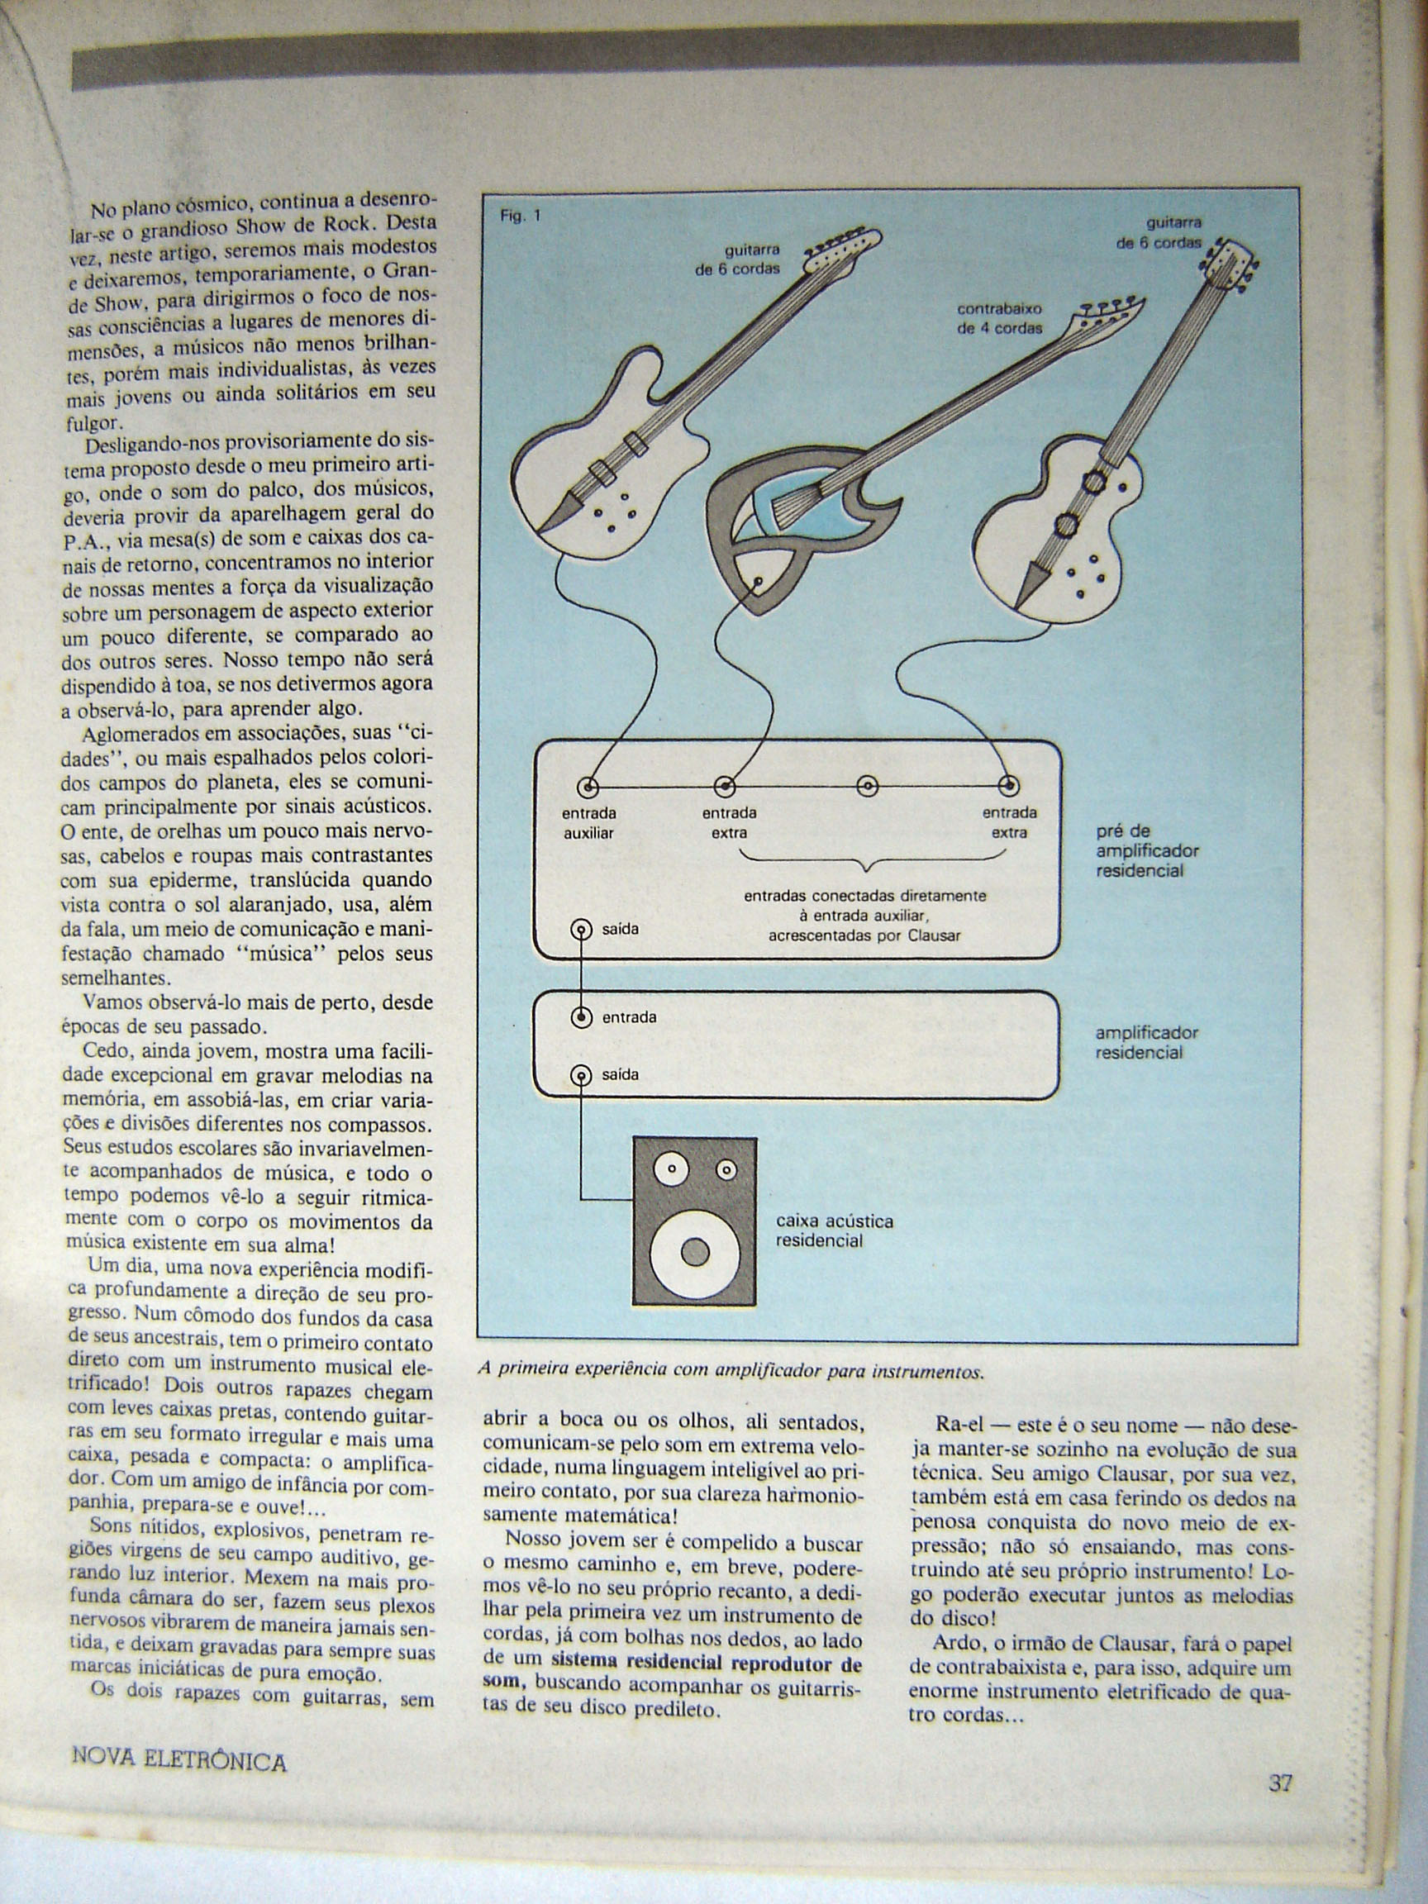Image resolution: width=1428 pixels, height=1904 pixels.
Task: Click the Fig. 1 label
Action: click(520, 216)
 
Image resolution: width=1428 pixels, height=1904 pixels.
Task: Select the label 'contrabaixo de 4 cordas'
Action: click(999, 317)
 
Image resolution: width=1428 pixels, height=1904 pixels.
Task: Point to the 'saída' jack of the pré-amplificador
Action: click(582, 930)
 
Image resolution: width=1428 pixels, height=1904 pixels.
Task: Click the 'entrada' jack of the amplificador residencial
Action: click(582, 1017)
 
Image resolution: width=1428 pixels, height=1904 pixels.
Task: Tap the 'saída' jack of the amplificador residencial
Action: click(582, 1074)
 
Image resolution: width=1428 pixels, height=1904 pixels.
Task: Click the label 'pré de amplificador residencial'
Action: click(1146, 850)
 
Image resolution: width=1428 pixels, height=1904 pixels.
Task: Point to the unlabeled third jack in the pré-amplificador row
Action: click(868, 786)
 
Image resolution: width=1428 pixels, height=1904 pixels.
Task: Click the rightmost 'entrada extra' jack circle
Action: click(1009, 786)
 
